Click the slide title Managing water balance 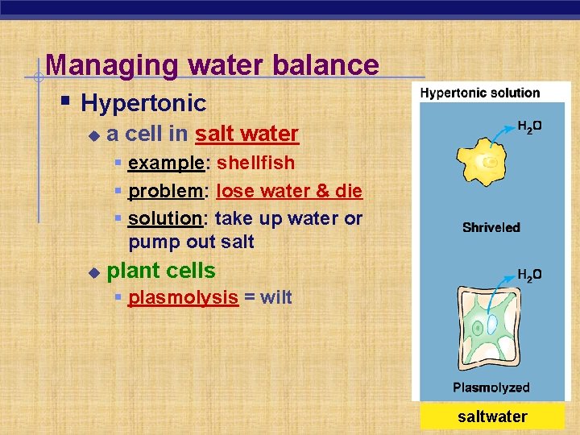(x=212, y=64)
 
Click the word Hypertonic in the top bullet (x=143, y=103)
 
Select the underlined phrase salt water (x=246, y=134)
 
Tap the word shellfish (x=255, y=163)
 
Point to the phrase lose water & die (x=289, y=191)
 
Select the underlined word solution (x=164, y=218)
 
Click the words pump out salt (x=191, y=242)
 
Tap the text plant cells (x=161, y=270)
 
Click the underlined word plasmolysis (x=183, y=297)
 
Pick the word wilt (x=275, y=297)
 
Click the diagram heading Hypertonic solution (x=480, y=93)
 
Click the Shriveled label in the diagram (x=491, y=227)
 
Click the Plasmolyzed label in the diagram (x=491, y=387)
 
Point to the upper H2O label (x=528, y=126)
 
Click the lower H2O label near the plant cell (x=528, y=275)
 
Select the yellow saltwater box (x=492, y=416)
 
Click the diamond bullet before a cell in (x=93, y=135)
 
